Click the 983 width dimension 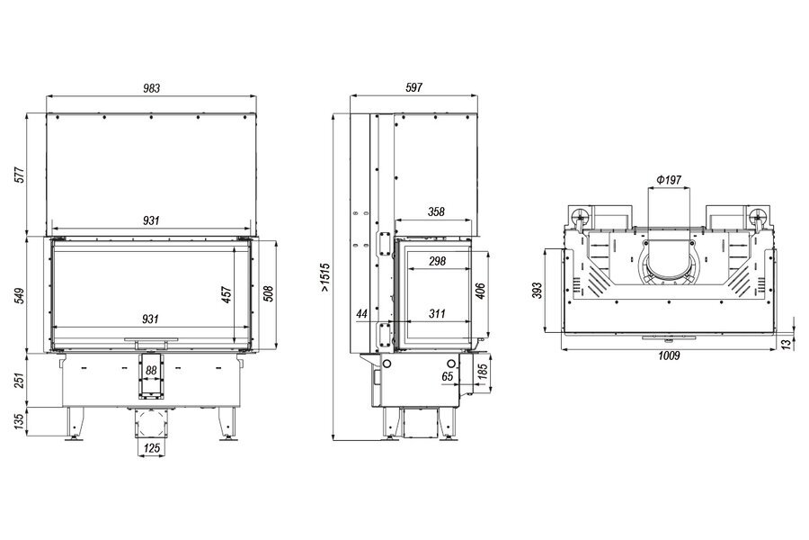[x=151, y=88]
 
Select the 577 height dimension [x=19, y=175]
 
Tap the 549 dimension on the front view [x=19, y=295]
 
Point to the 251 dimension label [x=19, y=380]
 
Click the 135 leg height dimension [x=19, y=421]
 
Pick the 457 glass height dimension [x=226, y=294]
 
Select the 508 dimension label [x=267, y=293]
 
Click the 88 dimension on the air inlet [x=151, y=371]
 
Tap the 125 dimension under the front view [x=152, y=448]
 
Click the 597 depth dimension [x=413, y=88]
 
